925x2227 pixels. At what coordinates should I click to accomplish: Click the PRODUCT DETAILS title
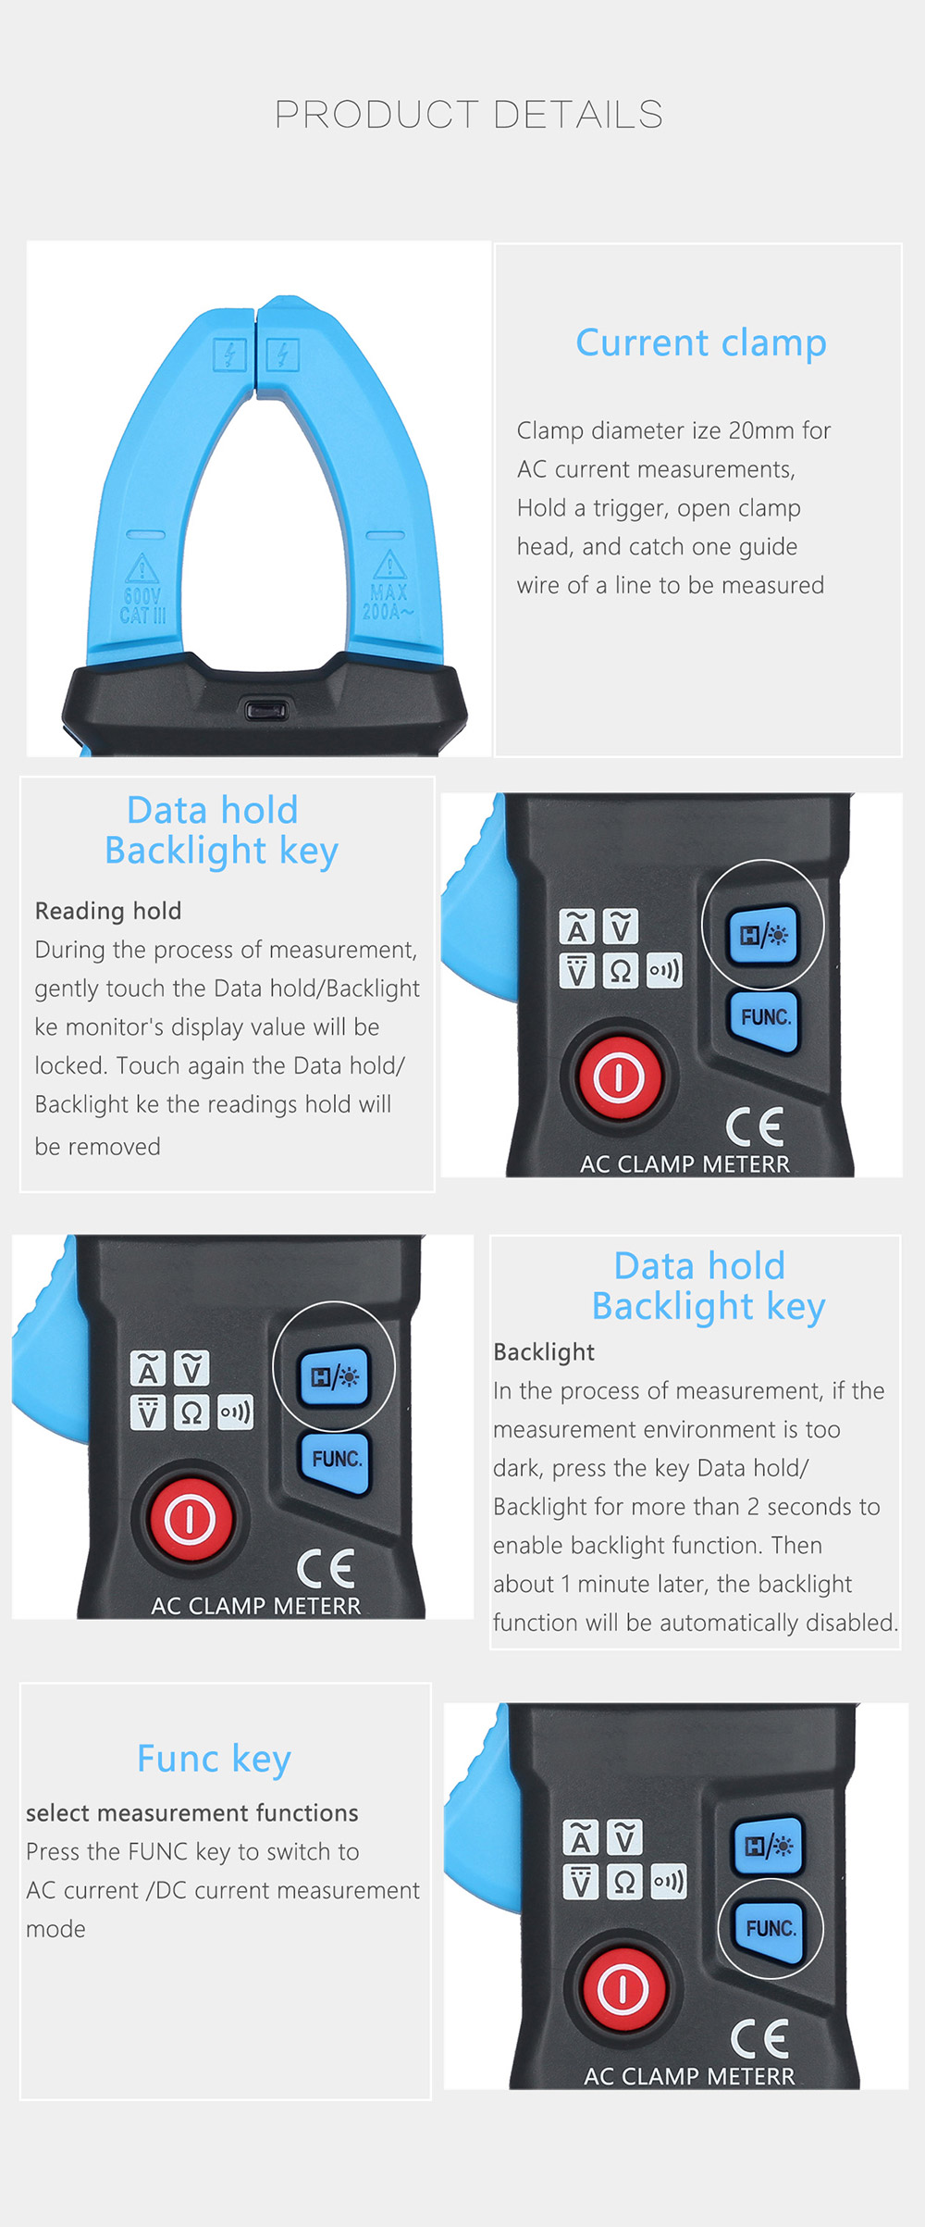(x=469, y=115)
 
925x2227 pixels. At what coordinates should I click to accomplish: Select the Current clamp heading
(x=700, y=342)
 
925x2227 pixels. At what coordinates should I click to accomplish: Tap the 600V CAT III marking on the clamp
(x=142, y=605)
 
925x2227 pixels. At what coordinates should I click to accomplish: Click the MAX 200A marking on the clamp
(x=388, y=602)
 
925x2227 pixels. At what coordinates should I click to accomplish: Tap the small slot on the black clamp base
(x=266, y=711)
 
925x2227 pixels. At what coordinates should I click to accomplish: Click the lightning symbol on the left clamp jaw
(x=229, y=355)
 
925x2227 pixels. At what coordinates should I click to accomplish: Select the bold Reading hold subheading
(x=108, y=911)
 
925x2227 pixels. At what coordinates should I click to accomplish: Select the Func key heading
(x=214, y=1759)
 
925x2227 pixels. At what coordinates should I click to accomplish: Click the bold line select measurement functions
(x=191, y=1813)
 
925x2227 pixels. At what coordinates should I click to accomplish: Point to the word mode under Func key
(x=55, y=1929)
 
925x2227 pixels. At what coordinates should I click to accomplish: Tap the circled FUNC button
(x=770, y=1929)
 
